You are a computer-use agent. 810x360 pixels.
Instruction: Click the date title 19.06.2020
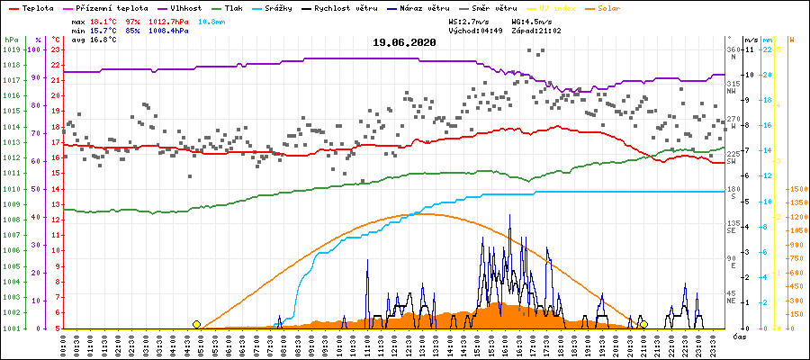[404, 42]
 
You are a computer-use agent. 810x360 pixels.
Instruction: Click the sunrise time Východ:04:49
[475, 31]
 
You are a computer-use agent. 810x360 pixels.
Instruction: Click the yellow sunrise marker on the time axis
[196, 324]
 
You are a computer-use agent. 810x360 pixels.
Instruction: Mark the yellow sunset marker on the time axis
[643, 324]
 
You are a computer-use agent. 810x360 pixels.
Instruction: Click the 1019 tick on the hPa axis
[10, 49]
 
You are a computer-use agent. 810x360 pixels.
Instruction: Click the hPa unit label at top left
[10, 40]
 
